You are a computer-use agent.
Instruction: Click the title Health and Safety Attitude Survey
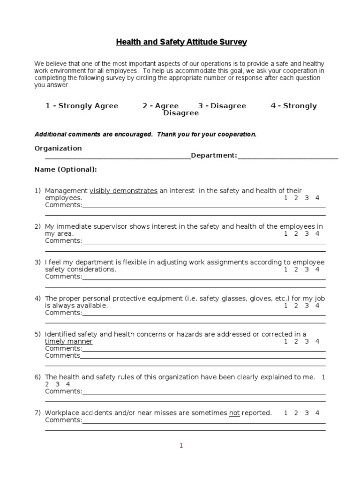tap(181, 43)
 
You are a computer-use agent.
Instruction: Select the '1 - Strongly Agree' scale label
tap(82, 106)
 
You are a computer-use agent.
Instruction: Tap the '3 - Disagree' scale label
tap(222, 106)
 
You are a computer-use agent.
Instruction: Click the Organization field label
tap(58, 148)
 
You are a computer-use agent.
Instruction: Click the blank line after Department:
tap(288, 156)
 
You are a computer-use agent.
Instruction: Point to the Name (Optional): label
tap(66, 169)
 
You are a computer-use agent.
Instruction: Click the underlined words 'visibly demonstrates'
tap(123, 191)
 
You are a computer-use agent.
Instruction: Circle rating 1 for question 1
tap(286, 198)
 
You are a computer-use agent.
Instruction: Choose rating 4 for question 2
tap(317, 233)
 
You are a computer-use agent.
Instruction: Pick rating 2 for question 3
tap(296, 270)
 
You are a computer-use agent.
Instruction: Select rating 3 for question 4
tap(307, 306)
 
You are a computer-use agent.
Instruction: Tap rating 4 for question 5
tap(317, 341)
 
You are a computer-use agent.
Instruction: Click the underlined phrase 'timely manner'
tap(69, 341)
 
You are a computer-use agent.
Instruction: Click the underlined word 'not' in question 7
tap(234, 413)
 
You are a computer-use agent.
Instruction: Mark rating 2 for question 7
tap(296, 413)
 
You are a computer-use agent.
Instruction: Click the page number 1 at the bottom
tap(181, 446)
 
